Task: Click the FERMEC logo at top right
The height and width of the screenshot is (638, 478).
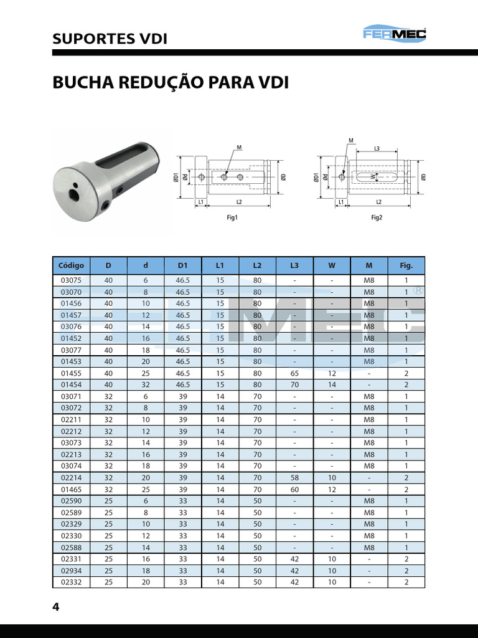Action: (x=395, y=34)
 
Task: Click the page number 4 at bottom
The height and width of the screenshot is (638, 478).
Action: (x=56, y=607)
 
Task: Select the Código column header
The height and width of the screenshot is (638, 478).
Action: (x=71, y=265)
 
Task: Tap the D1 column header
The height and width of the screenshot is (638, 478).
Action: (x=182, y=265)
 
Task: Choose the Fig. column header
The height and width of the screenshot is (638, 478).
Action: (x=406, y=265)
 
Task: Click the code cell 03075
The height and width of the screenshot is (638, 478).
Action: (x=71, y=280)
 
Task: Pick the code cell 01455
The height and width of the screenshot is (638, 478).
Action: (x=71, y=373)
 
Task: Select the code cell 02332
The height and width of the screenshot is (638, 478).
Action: (x=71, y=582)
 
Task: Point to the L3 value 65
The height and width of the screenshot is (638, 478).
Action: (x=294, y=373)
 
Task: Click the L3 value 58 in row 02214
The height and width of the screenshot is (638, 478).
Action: (x=294, y=478)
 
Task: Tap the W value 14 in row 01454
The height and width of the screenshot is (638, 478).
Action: (x=332, y=385)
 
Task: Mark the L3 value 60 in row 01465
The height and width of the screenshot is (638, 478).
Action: (x=294, y=489)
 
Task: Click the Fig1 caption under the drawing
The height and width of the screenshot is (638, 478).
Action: (x=232, y=218)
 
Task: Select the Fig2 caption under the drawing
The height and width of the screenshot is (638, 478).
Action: (x=377, y=218)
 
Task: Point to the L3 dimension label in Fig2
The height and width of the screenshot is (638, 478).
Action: (x=377, y=149)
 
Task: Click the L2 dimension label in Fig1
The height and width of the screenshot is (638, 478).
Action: (x=238, y=203)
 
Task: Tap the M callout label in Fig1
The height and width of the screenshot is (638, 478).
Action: (x=239, y=148)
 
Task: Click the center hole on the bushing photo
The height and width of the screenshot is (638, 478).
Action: (x=75, y=195)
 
